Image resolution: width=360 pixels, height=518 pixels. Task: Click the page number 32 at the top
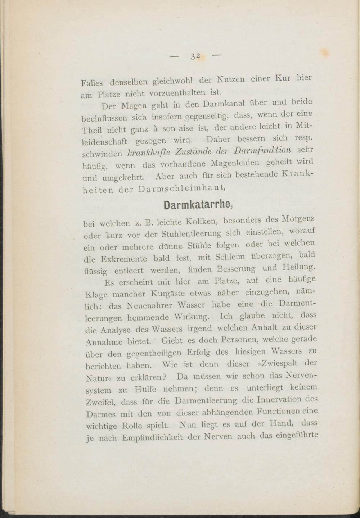click(195, 56)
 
